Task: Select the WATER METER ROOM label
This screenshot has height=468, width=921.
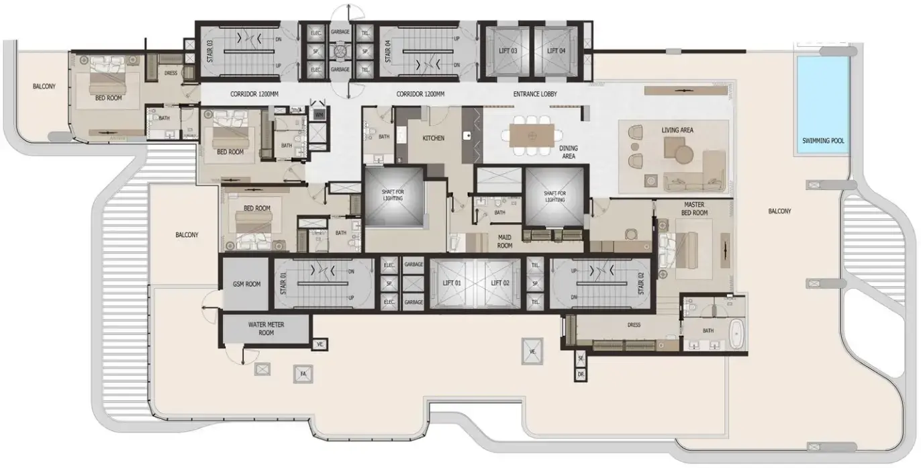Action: tap(266, 328)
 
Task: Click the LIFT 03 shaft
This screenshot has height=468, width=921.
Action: tap(504, 51)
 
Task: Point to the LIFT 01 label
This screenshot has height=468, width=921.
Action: tap(452, 283)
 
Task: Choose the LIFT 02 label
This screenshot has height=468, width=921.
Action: tap(501, 283)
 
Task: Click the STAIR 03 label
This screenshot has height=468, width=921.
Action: tap(209, 51)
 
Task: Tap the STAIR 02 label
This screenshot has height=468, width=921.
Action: tap(640, 283)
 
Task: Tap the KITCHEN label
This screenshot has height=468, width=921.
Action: tap(433, 138)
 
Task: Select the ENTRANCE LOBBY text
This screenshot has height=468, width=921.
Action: tap(535, 94)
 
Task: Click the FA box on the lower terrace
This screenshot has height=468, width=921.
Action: tap(303, 373)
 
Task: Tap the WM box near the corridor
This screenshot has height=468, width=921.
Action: tap(319, 115)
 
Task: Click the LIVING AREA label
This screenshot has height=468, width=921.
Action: tap(677, 130)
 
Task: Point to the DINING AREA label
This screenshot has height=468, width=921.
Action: tap(568, 152)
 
